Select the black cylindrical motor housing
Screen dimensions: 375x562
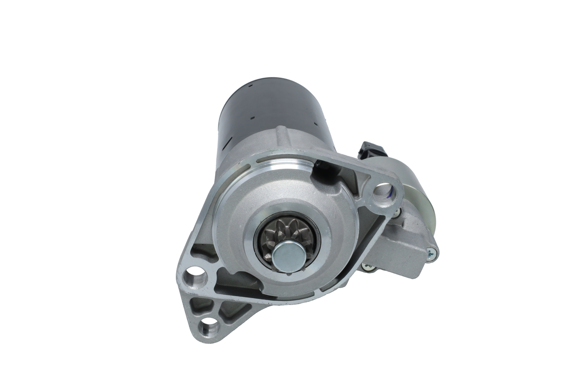263,110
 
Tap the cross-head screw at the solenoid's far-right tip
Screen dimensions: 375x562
431,252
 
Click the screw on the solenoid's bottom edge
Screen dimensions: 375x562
368,267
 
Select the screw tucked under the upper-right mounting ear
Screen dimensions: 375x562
396,212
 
